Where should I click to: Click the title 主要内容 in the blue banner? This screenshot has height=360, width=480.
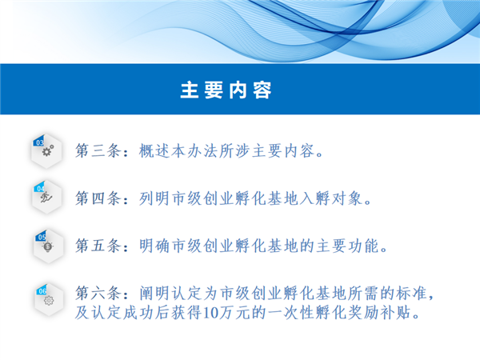point(226,90)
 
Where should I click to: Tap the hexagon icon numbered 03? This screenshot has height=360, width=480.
point(46,151)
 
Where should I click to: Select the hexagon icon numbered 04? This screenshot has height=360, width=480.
point(47,197)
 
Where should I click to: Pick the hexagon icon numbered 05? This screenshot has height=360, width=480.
point(48,246)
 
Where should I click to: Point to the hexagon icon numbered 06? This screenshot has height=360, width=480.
point(49,300)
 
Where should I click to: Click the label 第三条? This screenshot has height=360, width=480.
point(98,150)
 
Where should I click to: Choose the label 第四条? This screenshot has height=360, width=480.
point(98,198)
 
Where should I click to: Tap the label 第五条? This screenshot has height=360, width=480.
point(98,246)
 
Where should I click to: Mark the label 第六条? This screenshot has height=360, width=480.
point(98,293)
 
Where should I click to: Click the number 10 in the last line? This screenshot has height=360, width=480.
point(210,313)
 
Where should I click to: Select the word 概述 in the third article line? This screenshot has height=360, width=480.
point(154,150)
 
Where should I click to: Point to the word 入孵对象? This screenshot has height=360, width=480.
point(331,198)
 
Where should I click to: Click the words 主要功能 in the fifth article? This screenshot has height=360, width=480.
point(347,246)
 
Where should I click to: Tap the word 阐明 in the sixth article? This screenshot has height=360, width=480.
point(154,293)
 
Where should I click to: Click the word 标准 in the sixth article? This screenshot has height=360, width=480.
point(411,293)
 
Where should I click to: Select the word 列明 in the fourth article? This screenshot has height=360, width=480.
point(154,198)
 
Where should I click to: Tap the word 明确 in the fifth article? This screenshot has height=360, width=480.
point(154,246)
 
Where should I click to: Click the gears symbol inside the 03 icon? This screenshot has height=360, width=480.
point(48,150)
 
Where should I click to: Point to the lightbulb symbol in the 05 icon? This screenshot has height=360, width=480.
point(48,246)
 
